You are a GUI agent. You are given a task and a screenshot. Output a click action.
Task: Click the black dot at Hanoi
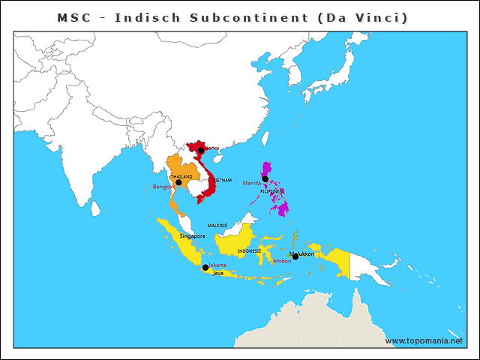pos(201,151)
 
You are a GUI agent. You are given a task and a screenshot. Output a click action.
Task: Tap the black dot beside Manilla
pos(265,178)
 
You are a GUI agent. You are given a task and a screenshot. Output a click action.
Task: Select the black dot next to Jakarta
pos(205,267)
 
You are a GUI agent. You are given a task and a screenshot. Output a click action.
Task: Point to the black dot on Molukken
pos(295,256)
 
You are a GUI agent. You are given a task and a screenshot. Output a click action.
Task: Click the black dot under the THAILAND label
pos(178,182)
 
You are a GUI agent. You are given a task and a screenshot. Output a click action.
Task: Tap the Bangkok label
pos(163,187)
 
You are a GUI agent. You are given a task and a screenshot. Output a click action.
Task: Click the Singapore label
pos(193,236)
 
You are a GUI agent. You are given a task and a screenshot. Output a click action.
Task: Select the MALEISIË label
pos(217,225)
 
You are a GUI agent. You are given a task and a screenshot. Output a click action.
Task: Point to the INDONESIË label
pos(249,250)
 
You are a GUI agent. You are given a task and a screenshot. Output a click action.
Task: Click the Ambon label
pos(282,261)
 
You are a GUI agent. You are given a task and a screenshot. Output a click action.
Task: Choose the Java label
pos(217,273)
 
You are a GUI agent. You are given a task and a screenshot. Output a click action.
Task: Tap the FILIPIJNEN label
pos(271,191)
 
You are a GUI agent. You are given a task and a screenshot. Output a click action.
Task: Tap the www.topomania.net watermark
pos(424,340)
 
